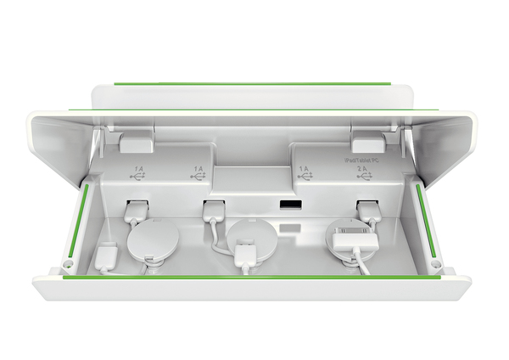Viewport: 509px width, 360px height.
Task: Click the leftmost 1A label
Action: (138, 169)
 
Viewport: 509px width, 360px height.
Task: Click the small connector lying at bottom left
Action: (108, 257)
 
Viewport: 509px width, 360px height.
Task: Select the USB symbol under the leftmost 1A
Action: (138, 179)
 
